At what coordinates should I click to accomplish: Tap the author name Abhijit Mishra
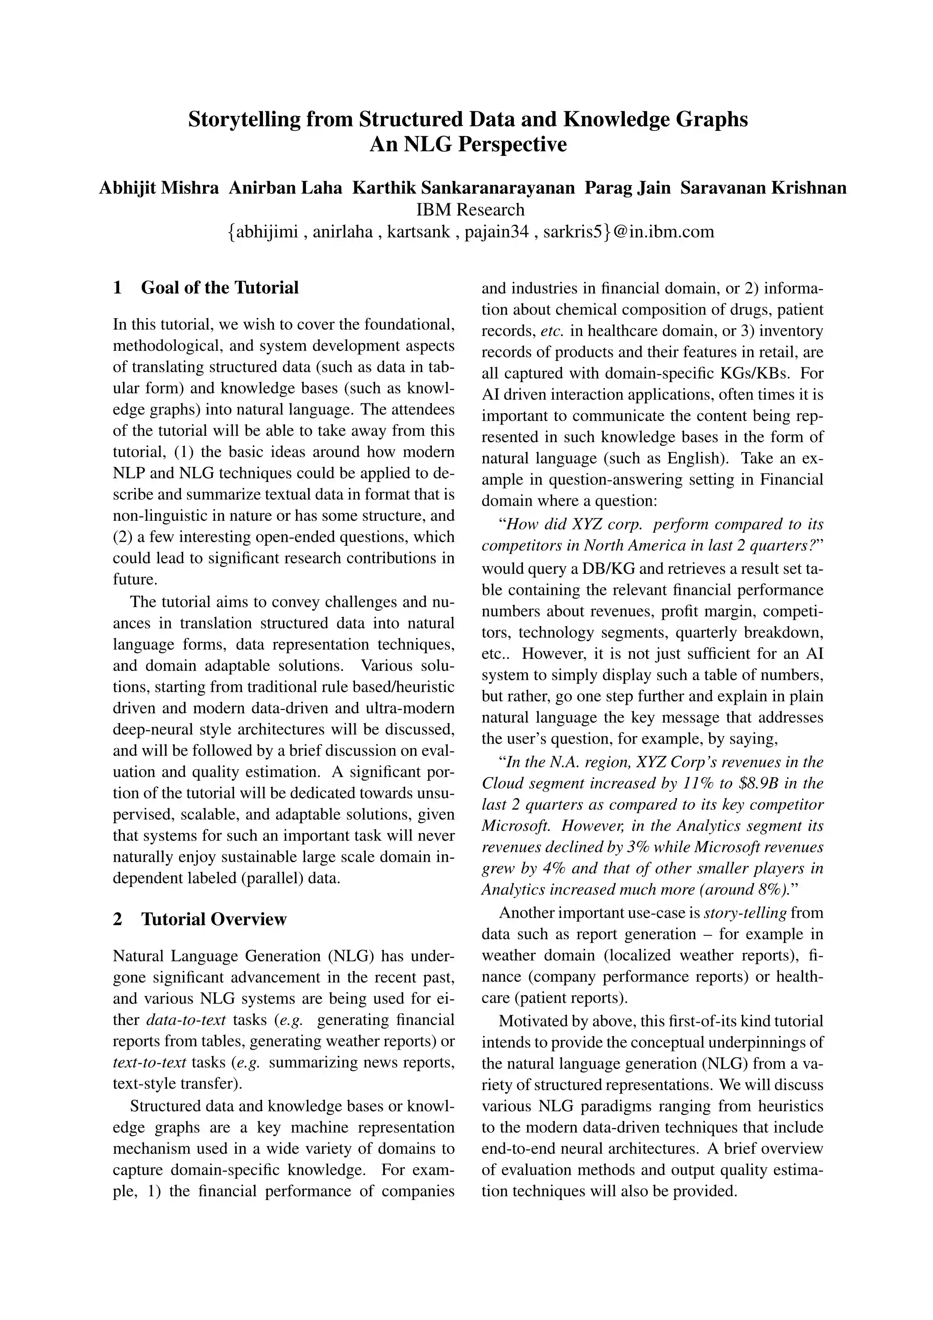pos(159,188)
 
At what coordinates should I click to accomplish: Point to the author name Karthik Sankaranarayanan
pos(463,188)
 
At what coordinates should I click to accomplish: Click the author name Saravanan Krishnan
pos(763,188)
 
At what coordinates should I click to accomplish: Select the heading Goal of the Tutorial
pos(220,287)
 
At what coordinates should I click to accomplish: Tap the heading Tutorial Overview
pos(213,919)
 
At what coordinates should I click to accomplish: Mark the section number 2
pos(118,919)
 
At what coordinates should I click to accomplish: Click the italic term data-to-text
pos(186,1019)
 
